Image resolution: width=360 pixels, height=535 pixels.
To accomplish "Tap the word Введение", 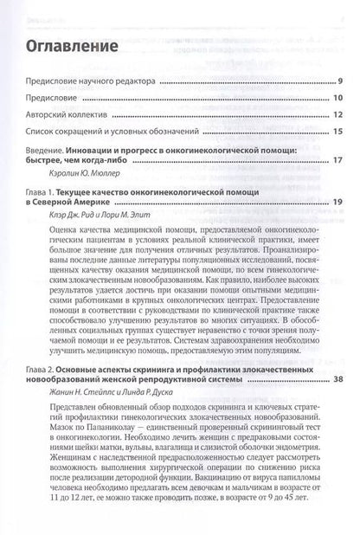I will pyautogui.click(x=46, y=150).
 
